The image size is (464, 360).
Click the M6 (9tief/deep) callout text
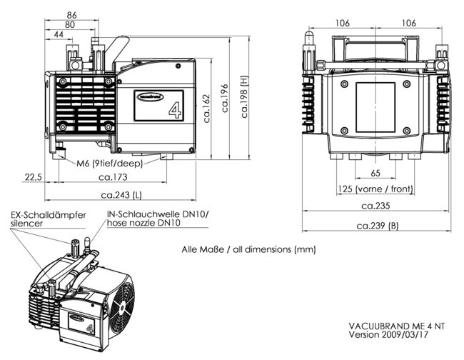coord(109,163)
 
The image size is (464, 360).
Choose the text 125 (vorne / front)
coord(375,189)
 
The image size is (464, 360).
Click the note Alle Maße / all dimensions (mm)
coord(248,250)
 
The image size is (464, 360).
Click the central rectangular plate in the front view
coord(375,105)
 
